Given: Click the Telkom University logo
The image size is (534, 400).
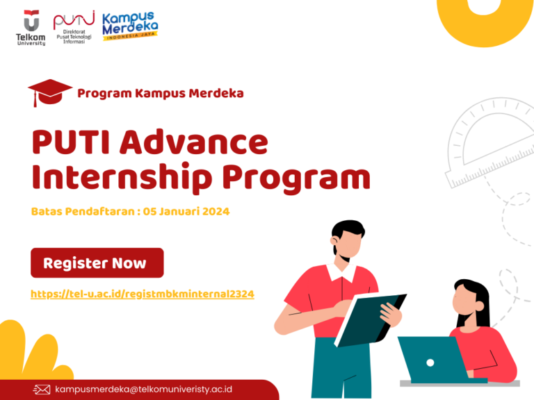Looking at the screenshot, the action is (x=31, y=28).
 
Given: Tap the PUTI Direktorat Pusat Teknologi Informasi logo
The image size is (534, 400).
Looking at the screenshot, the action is (x=74, y=28).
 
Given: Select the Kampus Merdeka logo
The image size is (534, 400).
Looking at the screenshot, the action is (x=130, y=26).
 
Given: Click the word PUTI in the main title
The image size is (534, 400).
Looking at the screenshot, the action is (x=71, y=142).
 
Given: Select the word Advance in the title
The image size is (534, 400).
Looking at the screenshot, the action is (x=194, y=142).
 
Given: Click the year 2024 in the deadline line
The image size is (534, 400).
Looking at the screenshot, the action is (x=216, y=212).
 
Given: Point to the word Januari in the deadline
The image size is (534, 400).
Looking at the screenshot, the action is (x=179, y=212).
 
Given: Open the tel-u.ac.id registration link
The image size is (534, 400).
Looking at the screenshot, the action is (x=143, y=294).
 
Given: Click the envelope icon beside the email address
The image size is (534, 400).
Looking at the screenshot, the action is (x=42, y=390).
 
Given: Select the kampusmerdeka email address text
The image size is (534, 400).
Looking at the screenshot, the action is (x=143, y=390).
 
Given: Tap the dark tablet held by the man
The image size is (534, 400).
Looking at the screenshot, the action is (x=371, y=320).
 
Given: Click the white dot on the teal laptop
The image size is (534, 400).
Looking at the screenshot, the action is (x=430, y=363).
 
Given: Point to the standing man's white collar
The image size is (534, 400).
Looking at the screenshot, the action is (x=341, y=272).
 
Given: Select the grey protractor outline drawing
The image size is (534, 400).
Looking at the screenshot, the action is (x=490, y=143).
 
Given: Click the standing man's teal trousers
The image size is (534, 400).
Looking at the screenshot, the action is (x=341, y=367).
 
